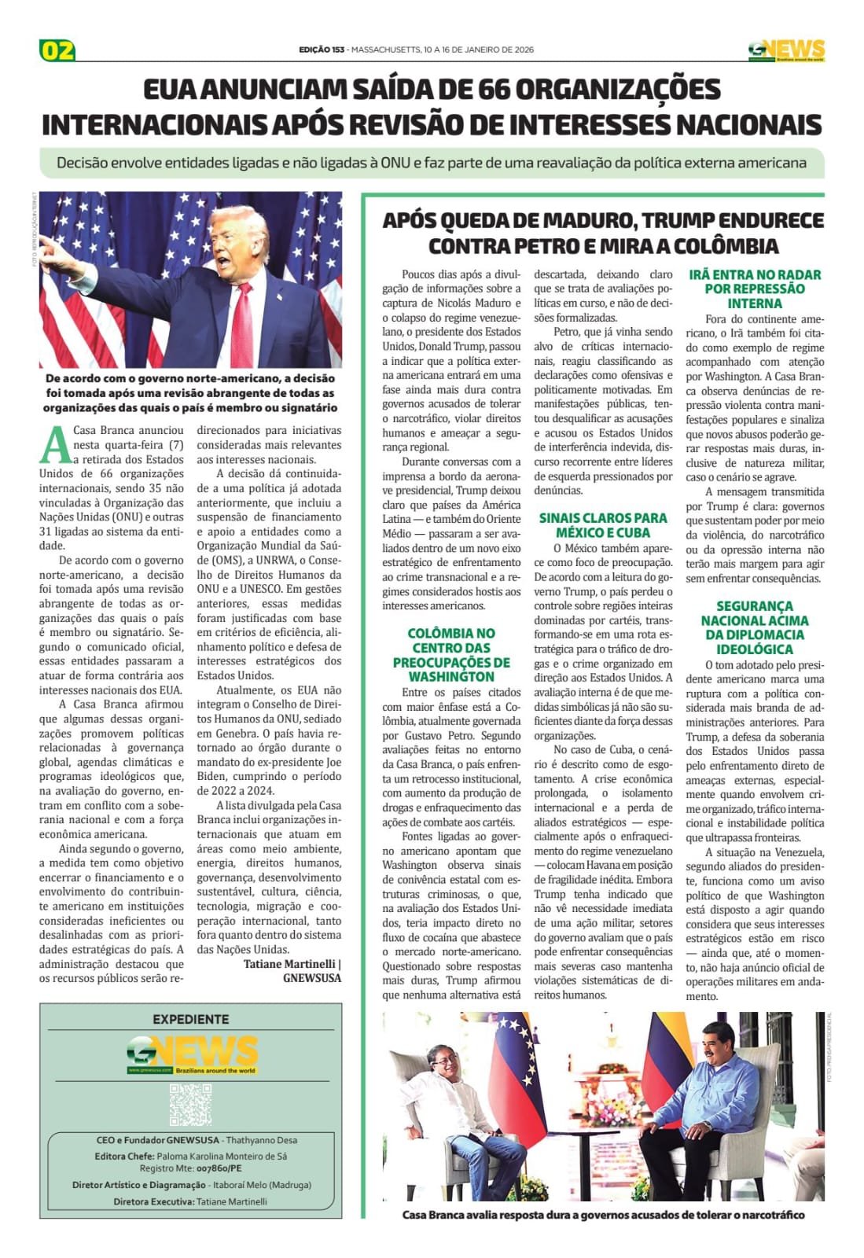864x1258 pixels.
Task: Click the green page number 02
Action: coord(57,50)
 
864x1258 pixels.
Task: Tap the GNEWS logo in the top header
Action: coord(786,50)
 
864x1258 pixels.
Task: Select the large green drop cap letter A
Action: coord(54,445)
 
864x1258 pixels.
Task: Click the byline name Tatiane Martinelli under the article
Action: coord(289,964)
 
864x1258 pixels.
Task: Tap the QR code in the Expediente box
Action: coord(190,1104)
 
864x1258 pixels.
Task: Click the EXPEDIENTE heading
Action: coord(190,1019)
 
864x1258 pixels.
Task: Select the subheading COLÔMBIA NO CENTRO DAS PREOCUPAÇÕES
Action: coord(451,654)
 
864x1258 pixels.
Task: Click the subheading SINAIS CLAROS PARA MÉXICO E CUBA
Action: coord(602,524)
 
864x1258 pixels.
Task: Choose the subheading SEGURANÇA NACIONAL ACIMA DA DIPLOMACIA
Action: coord(755,627)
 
